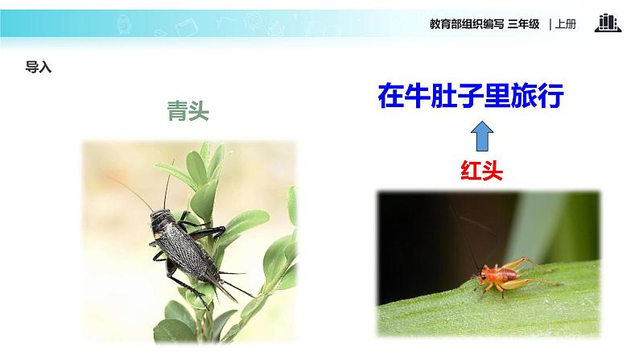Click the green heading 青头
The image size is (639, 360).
point(188,112)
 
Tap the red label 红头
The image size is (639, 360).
point(481,170)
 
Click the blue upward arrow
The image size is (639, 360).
point(480,135)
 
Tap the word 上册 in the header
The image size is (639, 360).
point(566,24)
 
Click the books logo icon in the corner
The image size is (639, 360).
point(608,23)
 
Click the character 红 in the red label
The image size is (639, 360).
point(471,170)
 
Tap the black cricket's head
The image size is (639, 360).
point(156,217)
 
